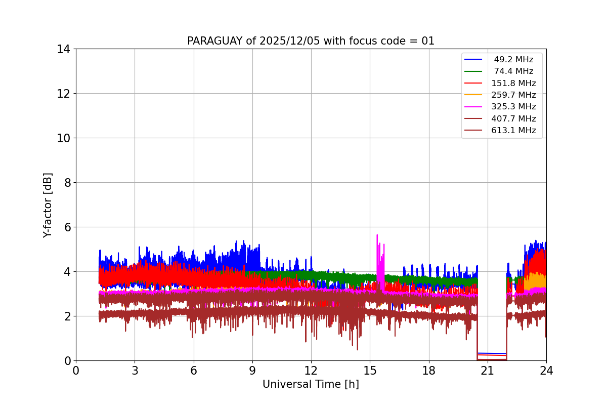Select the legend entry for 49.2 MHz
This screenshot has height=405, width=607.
coord(513,60)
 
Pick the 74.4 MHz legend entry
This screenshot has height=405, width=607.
coord(513,71)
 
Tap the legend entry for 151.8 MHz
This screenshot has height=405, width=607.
coord(513,83)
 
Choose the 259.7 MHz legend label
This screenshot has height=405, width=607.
coord(513,95)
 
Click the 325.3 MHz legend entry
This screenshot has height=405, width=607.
coord(513,107)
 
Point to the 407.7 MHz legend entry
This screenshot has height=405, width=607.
coord(513,118)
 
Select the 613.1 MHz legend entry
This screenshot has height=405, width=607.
coord(513,131)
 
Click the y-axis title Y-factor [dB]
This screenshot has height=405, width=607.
coord(48,205)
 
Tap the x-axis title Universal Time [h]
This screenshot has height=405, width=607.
coord(311,384)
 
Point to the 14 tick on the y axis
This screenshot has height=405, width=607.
coord(63,49)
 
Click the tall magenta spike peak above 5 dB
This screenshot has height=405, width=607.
coord(377,235)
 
